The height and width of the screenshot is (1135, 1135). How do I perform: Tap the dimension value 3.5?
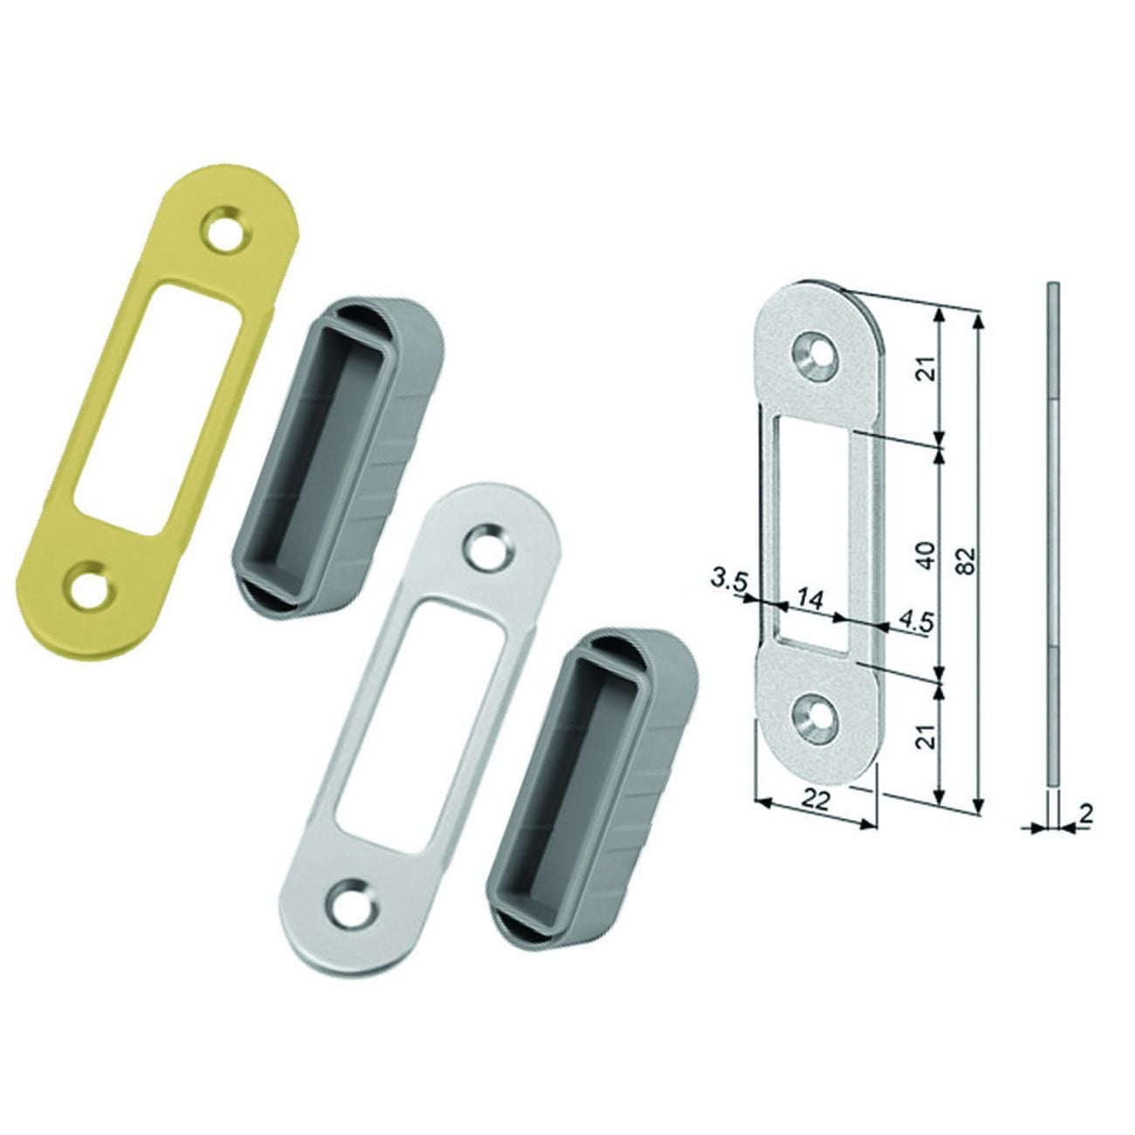click(x=729, y=580)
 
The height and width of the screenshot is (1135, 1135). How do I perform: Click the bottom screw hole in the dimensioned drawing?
click(x=815, y=714)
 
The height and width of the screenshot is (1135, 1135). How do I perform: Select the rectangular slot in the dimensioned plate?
click(x=816, y=533)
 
